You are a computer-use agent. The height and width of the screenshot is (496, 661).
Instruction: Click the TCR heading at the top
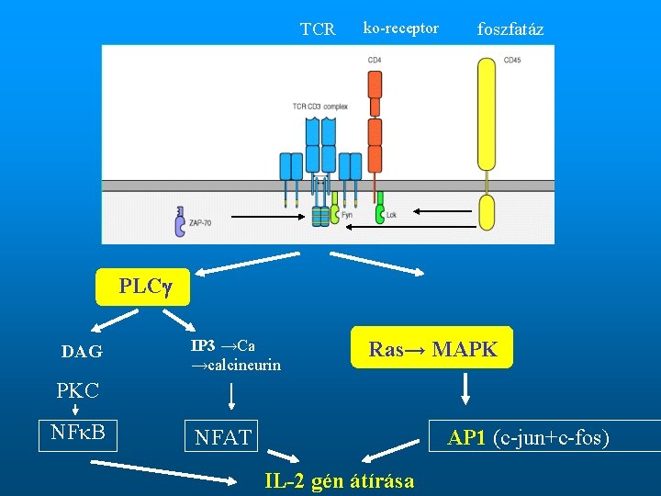pyautogui.click(x=318, y=29)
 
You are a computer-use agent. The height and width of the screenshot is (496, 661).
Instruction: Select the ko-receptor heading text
pyautogui.click(x=400, y=28)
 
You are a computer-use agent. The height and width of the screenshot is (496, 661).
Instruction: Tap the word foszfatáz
pyautogui.click(x=510, y=29)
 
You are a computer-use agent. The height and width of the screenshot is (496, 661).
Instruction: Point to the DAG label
pyautogui.click(x=82, y=352)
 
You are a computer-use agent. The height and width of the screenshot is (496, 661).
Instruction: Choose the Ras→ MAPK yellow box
pyautogui.click(x=432, y=349)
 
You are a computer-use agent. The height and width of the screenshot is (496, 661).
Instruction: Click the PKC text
pyautogui.click(x=77, y=390)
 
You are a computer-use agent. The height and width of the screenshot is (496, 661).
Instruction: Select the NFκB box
pyautogui.click(x=79, y=434)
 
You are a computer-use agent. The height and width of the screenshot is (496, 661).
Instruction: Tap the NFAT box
pyautogui.click(x=223, y=438)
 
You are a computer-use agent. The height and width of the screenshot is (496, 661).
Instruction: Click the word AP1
pyautogui.click(x=467, y=438)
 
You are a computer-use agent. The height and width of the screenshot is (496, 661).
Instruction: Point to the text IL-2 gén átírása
pyautogui.click(x=339, y=480)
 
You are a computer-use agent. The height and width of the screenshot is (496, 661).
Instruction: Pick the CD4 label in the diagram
pyautogui.click(x=375, y=61)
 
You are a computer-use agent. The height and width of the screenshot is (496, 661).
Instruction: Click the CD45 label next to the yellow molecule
pyautogui.click(x=512, y=61)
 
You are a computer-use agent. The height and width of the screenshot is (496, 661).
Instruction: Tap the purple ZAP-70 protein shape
pyautogui.click(x=178, y=220)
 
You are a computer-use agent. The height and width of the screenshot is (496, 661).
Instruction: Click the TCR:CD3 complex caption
pyautogui.click(x=319, y=107)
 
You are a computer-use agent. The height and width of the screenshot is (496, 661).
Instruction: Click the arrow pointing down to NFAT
pyautogui.click(x=230, y=396)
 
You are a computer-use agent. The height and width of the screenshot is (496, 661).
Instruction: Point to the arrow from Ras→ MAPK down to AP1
pyautogui.click(x=465, y=388)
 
